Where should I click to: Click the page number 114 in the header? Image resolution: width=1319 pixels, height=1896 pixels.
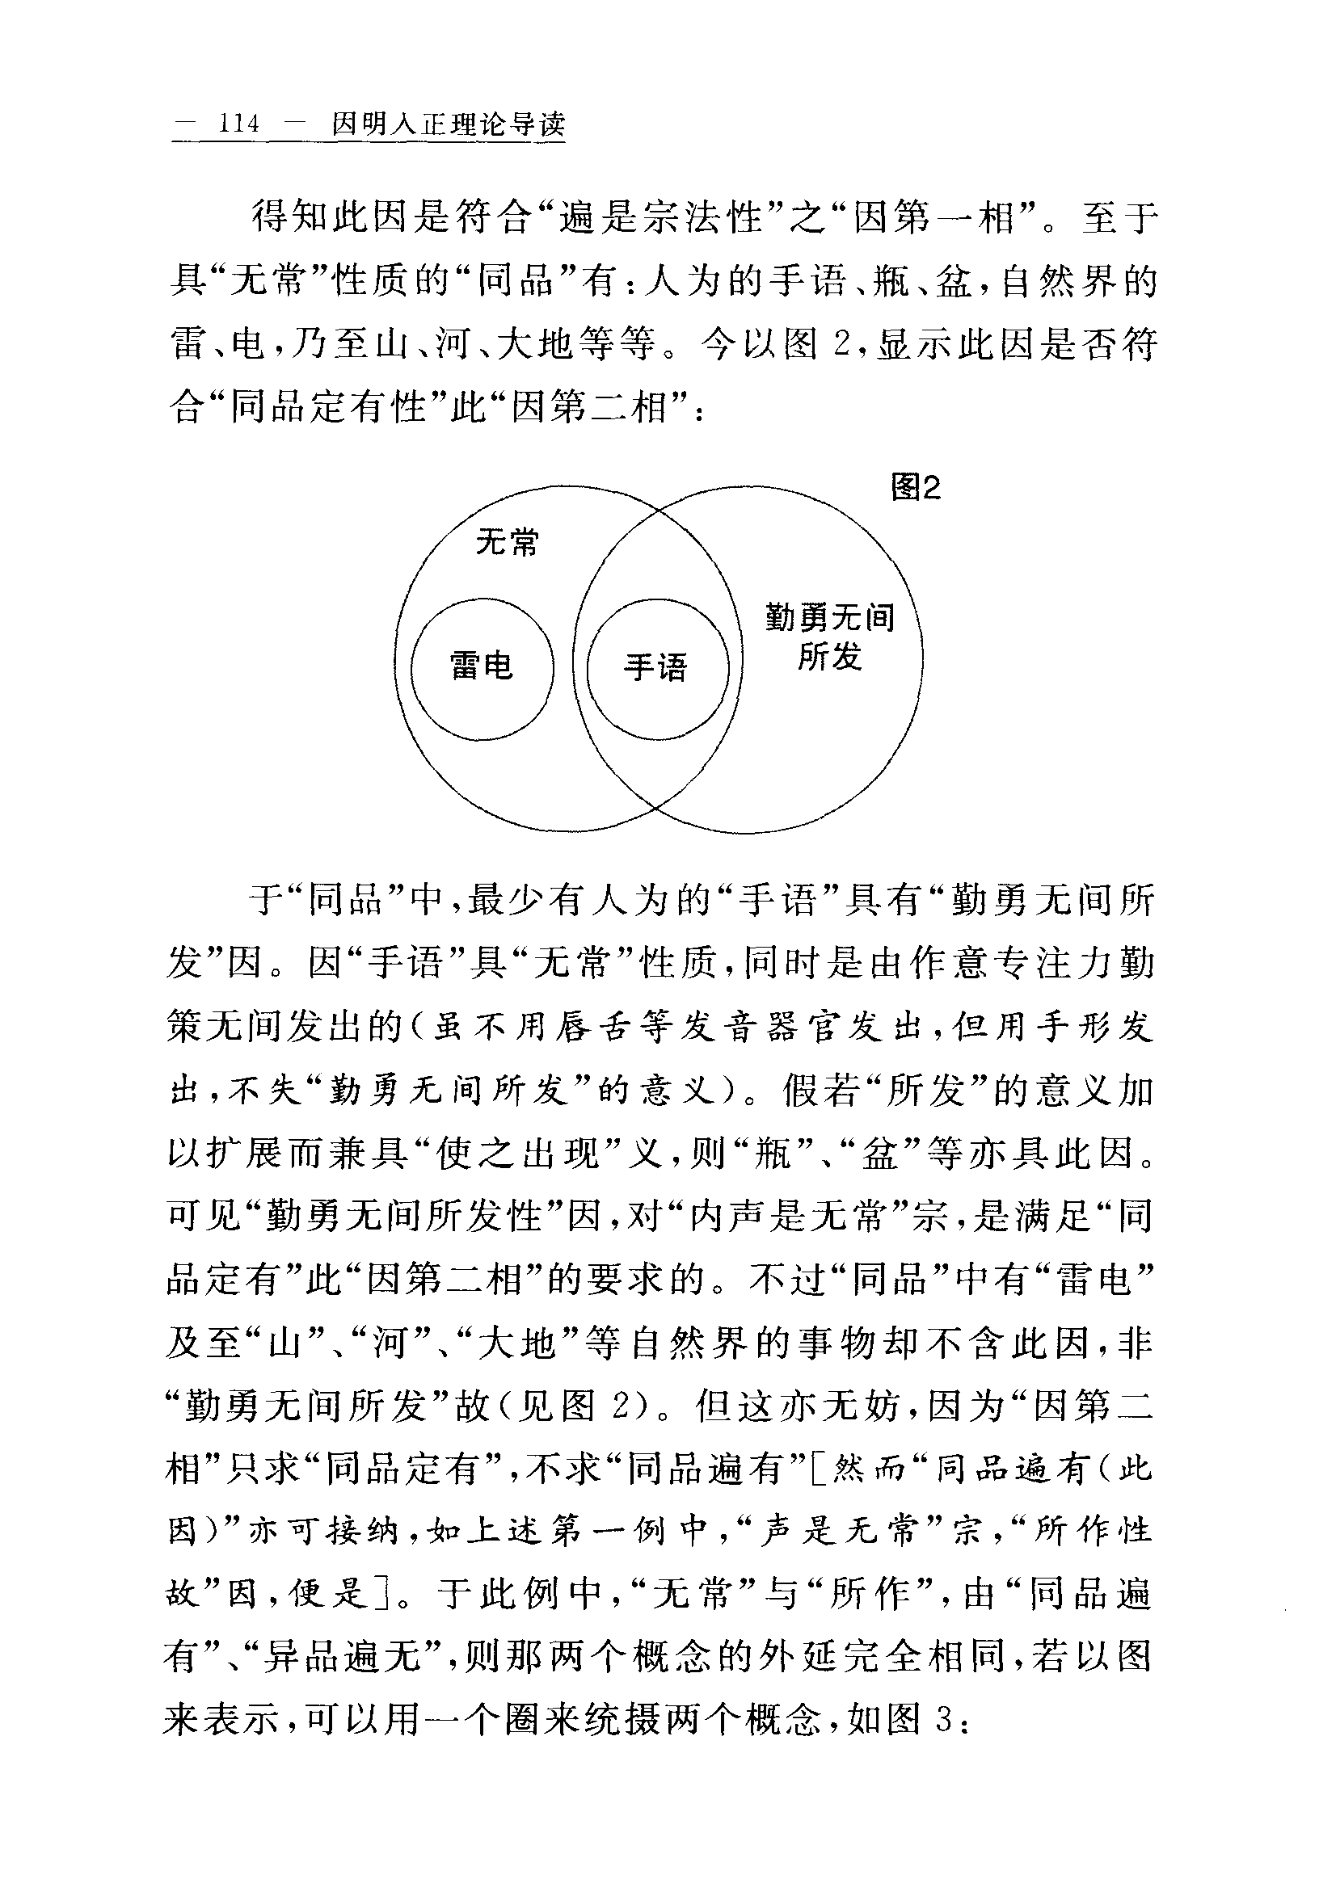tap(238, 124)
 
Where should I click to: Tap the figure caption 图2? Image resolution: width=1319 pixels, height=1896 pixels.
tap(915, 488)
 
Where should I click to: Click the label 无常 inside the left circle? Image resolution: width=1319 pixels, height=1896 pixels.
tap(507, 543)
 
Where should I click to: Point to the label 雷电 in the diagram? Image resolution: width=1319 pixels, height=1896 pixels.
tap(483, 666)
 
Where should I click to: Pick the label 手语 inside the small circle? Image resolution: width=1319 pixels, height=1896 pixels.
tap(655, 667)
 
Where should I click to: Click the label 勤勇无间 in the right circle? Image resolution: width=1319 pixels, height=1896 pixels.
tap(830, 617)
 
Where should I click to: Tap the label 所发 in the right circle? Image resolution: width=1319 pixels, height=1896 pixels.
tap(830, 658)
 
